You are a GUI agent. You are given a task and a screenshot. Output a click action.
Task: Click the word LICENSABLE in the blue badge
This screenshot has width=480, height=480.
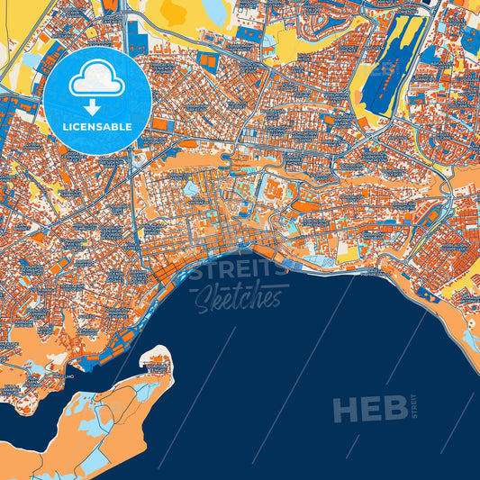point(97,127)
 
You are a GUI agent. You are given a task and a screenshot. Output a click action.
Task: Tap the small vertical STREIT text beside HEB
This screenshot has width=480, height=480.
point(414,408)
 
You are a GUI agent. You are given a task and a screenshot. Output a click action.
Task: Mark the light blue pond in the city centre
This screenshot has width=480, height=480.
point(191,189)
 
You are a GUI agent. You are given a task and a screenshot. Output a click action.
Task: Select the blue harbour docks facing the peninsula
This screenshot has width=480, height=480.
point(106,357)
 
